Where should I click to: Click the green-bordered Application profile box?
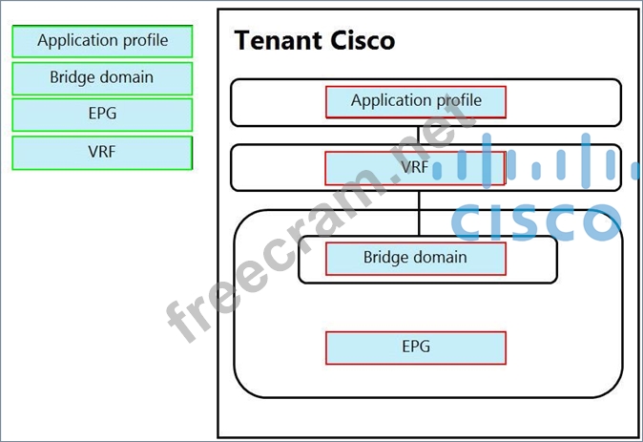tap(102, 41)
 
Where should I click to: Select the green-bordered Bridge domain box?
tap(102, 77)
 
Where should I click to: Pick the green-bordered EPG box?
tap(102, 114)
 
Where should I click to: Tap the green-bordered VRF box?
tap(102, 151)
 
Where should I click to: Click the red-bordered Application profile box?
tap(415, 101)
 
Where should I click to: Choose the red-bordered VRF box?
tap(415, 168)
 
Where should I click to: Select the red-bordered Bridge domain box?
tap(415, 258)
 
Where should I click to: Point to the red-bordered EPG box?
tap(415, 347)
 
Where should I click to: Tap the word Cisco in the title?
tap(358, 41)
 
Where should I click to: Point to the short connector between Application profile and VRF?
tap(419, 135)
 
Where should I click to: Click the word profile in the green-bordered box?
tap(146, 41)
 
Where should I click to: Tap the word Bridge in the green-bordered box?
tap(73, 77)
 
